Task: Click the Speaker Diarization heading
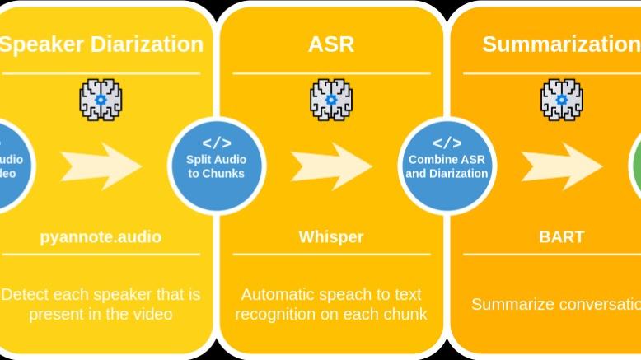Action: click(x=101, y=44)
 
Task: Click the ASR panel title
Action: click(x=331, y=44)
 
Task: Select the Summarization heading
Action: click(x=560, y=44)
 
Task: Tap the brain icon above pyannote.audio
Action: click(x=101, y=101)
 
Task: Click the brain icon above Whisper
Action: click(x=331, y=101)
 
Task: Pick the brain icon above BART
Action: click(x=561, y=101)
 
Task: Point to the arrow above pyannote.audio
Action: click(x=101, y=166)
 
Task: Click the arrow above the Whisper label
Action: click(x=331, y=166)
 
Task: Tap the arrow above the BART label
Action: click(x=561, y=166)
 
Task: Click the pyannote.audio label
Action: click(x=101, y=237)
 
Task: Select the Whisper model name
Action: click(x=331, y=237)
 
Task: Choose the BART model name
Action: click(x=561, y=237)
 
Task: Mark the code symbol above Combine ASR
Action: click(x=447, y=142)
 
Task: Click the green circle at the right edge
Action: click(x=636, y=165)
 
